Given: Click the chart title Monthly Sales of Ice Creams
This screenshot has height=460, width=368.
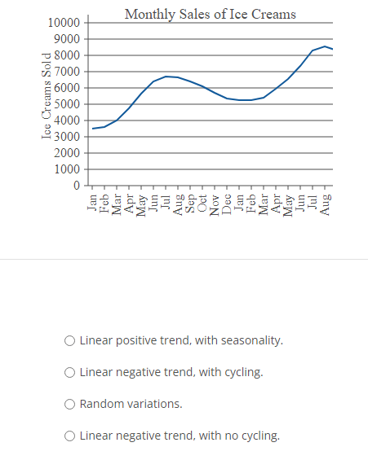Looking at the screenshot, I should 210,15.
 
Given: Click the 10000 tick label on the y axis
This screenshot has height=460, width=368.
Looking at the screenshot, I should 64,23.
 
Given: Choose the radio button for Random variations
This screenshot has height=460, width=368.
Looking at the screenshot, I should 71,404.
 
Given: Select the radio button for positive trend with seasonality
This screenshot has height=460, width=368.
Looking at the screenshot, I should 71,340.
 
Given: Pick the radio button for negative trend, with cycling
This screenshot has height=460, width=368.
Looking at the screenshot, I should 71,372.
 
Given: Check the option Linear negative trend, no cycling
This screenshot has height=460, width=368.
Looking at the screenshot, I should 71,436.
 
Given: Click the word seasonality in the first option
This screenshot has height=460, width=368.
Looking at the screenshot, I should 254,340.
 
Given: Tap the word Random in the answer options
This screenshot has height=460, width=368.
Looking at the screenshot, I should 100,404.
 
